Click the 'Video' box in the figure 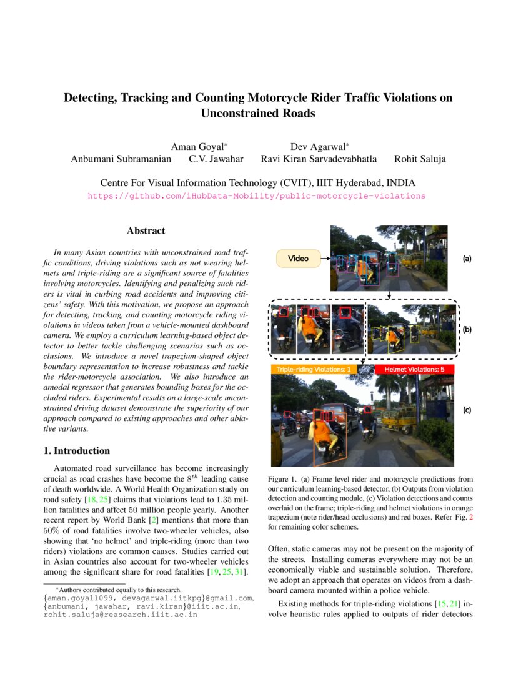[298, 258]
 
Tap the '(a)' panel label [467, 258]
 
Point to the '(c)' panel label [467, 410]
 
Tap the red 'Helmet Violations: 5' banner [414, 370]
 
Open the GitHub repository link [256, 195]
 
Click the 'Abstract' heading [146, 231]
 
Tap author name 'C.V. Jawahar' [216, 159]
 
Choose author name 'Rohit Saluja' [420, 159]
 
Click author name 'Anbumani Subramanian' [121, 159]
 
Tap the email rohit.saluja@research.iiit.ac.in [121, 615]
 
